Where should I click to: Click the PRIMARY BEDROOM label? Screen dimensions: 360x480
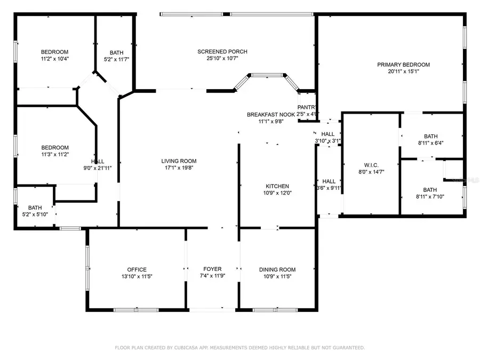[403, 65]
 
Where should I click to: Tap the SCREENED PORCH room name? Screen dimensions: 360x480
[222, 52]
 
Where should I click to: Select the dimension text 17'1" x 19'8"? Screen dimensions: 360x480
[179, 167]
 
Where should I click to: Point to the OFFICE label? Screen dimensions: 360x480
[137, 269]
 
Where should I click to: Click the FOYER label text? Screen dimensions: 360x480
[212, 269]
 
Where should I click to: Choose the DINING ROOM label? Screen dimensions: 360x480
[277, 269]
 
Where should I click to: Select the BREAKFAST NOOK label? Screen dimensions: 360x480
[271, 115]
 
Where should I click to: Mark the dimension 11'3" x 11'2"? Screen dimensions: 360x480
[55, 154]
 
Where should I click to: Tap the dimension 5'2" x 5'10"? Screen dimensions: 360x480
[35, 214]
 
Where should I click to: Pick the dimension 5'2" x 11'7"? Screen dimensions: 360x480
[116, 59]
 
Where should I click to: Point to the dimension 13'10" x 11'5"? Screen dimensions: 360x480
[137, 276]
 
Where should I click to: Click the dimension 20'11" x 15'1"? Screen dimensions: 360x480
[403, 71]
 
